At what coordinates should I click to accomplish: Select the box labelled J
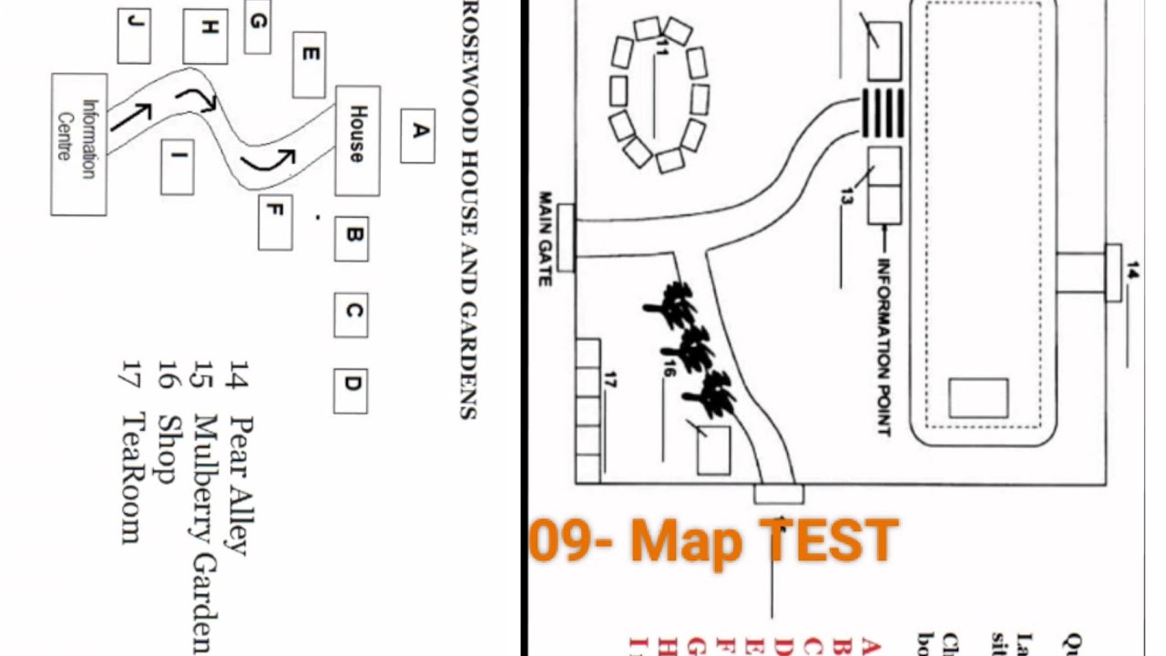[134, 36]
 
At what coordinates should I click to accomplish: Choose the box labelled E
[309, 65]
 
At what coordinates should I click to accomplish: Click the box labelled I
[177, 167]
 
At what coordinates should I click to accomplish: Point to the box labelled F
[275, 222]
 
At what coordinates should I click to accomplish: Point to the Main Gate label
[546, 238]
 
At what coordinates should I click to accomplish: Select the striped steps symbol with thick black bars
[883, 113]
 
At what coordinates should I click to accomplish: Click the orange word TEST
[829, 540]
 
